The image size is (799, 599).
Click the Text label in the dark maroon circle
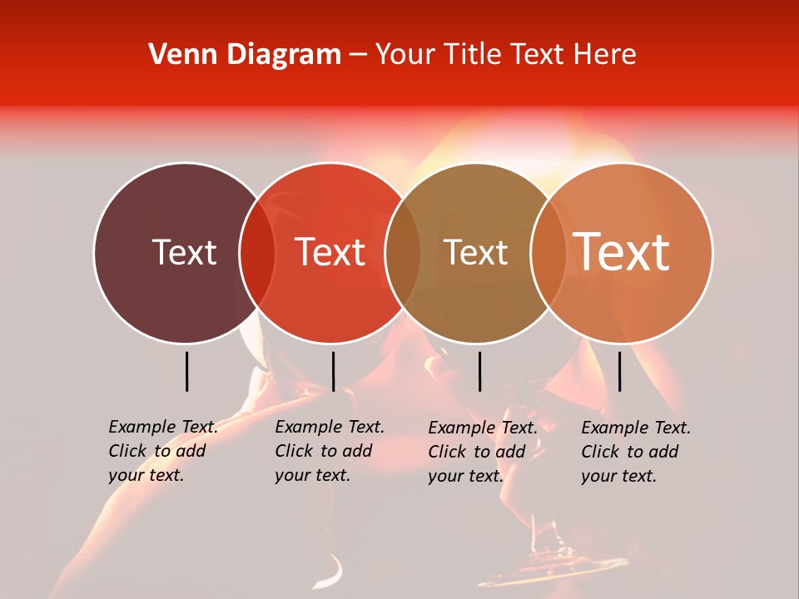click(184, 252)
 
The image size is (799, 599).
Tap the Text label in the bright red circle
click(330, 252)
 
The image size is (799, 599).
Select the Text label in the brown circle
click(475, 252)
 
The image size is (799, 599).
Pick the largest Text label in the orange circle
click(621, 252)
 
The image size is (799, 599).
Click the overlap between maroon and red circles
click(257, 253)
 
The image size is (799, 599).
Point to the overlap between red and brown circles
click(403, 253)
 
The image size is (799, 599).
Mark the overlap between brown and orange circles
click(547, 253)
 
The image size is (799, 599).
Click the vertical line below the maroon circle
click(186, 371)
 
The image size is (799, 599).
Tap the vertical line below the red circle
click(333, 371)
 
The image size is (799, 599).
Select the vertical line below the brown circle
click(479, 371)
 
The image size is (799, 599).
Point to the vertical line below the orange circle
click(619, 371)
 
